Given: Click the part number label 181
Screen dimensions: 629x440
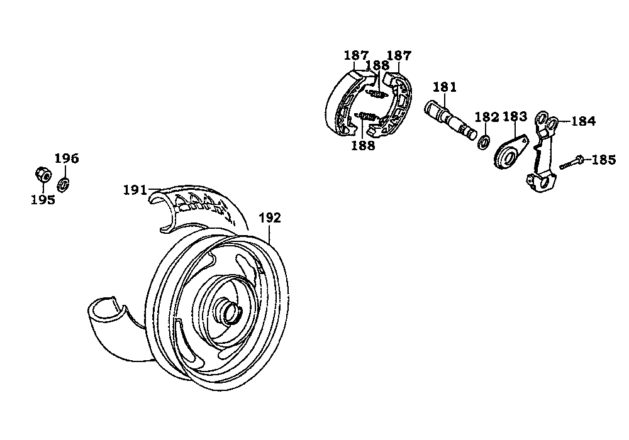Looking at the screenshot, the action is coord(445,87).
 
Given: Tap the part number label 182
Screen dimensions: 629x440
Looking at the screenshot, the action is coord(487,117).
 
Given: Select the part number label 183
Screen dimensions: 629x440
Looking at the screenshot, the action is coord(515,117).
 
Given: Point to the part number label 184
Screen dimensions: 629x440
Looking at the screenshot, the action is coord(584,121).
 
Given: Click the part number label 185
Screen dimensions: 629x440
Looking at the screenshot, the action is coord(604,160).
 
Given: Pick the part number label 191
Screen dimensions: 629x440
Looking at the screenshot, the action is coord(135,190).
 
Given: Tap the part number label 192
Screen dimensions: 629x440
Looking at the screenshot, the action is coord(270,218).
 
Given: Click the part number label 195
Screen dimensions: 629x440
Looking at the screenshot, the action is coord(43,199).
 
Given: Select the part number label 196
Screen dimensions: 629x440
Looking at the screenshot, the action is coord(67,158).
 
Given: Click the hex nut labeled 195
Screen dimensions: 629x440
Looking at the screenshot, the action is coord(43,175).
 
